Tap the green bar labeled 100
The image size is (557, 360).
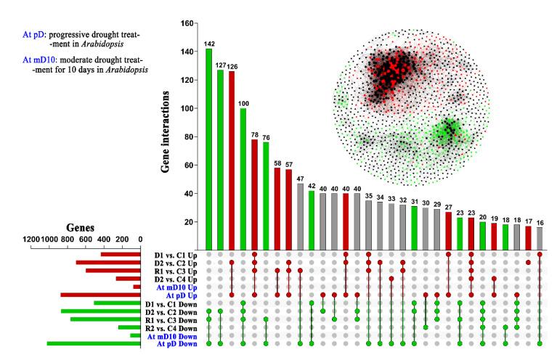243,179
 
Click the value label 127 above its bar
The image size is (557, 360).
220,65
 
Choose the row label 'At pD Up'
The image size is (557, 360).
182,295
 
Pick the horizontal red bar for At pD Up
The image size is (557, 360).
100,295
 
